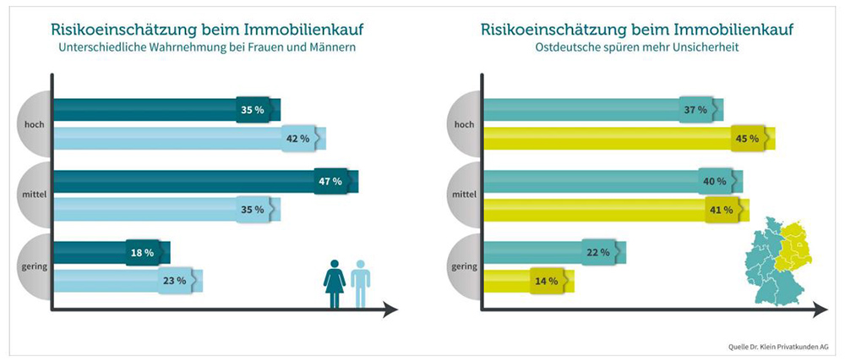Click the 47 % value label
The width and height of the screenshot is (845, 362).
click(330, 181)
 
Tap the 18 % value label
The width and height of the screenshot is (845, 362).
click(142, 252)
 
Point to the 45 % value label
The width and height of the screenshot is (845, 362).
click(747, 138)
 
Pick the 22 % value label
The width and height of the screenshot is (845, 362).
click(598, 252)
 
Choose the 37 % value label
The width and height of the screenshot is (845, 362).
click(695, 110)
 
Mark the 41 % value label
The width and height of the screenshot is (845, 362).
click(721, 209)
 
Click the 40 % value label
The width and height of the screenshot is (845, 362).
click(715, 181)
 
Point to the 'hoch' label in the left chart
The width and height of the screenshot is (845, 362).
click(35, 124)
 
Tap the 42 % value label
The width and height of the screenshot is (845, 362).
click(297, 138)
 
